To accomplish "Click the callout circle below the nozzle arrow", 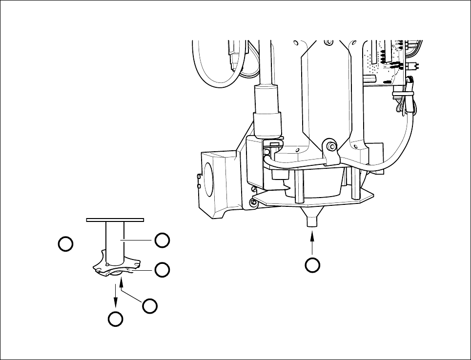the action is click(312, 265).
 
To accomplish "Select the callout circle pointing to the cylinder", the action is click(162, 240).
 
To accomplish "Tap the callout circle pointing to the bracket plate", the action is click(162, 269).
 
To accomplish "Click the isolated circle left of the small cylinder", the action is click(66, 243).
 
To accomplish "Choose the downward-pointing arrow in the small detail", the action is click(116, 295).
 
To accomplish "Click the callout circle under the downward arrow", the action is click(116, 319).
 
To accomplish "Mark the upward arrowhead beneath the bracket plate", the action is click(122, 281).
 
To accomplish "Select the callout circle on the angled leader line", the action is click(150, 305).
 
